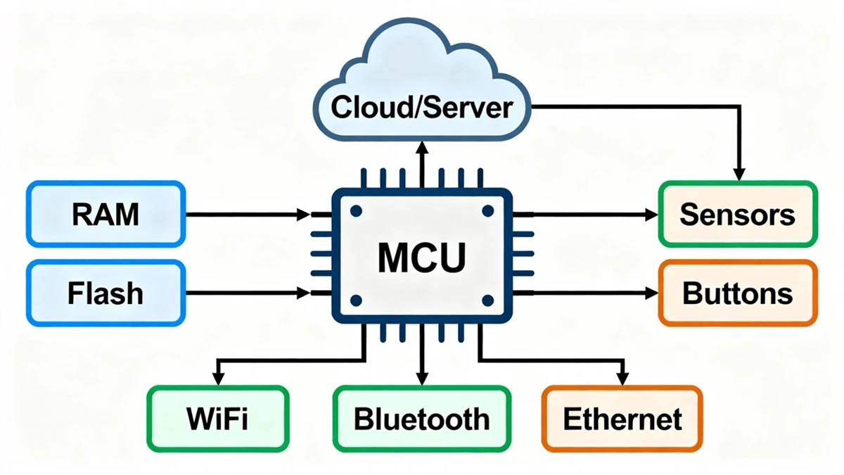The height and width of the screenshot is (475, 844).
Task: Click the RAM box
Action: [x=105, y=214]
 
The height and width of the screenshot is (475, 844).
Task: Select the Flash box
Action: [x=105, y=293]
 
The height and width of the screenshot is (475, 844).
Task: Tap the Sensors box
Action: [x=737, y=214]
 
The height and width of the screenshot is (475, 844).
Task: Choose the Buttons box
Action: [x=737, y=293]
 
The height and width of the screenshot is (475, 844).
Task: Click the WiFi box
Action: [x=217, y=419]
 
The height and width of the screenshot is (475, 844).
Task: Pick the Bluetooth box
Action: [x=421, y=419]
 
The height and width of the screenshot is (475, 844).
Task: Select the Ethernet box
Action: [x=622, y=419]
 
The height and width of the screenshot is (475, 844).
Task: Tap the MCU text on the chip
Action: [x=422, y=258]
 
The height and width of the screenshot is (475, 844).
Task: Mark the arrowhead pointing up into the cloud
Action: [x=422, y=146]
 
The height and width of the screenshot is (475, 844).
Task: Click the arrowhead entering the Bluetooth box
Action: [x=422, y=379]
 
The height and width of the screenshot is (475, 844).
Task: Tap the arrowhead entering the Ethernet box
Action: [x=622, y=379]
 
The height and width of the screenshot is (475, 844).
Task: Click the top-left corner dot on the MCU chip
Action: [x=356, y=210]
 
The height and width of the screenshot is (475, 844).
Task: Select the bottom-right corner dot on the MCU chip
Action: [x=487, y=300]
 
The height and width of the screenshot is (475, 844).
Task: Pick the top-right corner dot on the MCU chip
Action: [x=487, y=210]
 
